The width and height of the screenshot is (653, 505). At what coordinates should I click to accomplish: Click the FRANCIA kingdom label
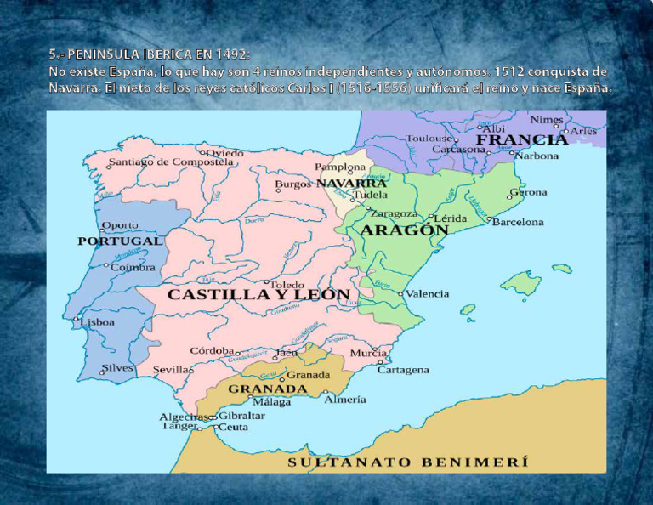click(521, 139)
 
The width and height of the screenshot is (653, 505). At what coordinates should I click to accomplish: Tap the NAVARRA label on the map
click(351, 183)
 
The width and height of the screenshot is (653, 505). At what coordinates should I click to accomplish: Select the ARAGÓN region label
click(405, 230)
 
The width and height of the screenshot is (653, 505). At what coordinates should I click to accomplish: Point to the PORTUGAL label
click(120, 241)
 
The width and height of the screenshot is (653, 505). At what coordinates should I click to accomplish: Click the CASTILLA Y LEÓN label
click(258, 295)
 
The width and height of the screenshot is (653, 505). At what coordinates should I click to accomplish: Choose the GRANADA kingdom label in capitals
click(267, 389)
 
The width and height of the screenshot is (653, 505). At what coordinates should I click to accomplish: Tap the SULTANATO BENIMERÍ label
click(408, 462)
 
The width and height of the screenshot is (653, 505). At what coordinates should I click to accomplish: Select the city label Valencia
click(427, 294)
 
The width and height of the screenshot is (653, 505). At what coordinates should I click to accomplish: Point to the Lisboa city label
click(98, 322)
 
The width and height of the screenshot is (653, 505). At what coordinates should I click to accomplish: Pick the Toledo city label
click(287, 285)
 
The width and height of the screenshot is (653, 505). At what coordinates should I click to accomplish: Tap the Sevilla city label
click(171, 371)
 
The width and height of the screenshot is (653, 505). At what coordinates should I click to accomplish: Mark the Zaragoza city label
click(394, 213)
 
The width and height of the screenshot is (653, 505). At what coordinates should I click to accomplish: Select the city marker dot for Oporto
click(100, 230)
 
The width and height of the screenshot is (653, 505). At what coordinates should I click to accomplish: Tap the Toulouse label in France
click(429, 138)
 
